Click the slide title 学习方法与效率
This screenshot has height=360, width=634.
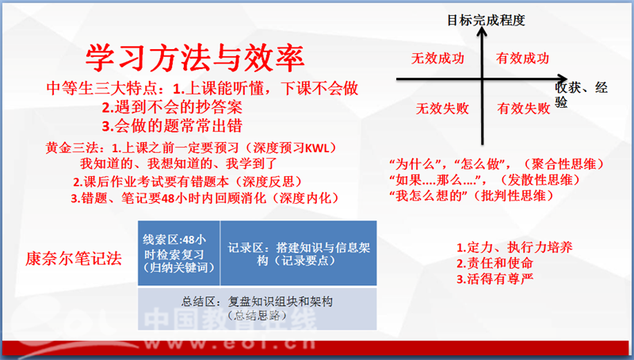(x=195, y=58)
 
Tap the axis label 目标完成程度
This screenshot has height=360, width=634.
(x=486, y=20)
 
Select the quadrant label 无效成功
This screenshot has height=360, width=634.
(x=437, y=59)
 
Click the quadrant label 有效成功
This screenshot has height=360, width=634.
(x=522, y=59)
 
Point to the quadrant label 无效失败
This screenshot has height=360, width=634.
(x=442, y=109)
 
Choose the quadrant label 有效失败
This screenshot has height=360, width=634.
(x=524, y=109)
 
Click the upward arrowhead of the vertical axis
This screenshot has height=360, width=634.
(x=482, y=32)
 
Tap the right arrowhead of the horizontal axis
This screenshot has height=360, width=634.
(x=563, y=79)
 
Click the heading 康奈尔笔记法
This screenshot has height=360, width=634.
(x=74, y=259)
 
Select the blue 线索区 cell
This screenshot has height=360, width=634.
(x=179, y=253)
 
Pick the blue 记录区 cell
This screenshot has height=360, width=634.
(x=299, y=253)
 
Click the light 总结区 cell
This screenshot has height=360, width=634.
(x=257, y=308)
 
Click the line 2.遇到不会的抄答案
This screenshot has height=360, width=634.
(x=172, y=107)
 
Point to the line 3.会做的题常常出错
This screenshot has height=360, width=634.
(x=172, y=126)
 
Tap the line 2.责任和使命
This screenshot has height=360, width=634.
(x=495, y=263)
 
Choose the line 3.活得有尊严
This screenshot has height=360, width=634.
(x=495, y=279)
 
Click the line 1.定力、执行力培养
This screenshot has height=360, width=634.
(x=514, y=247)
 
